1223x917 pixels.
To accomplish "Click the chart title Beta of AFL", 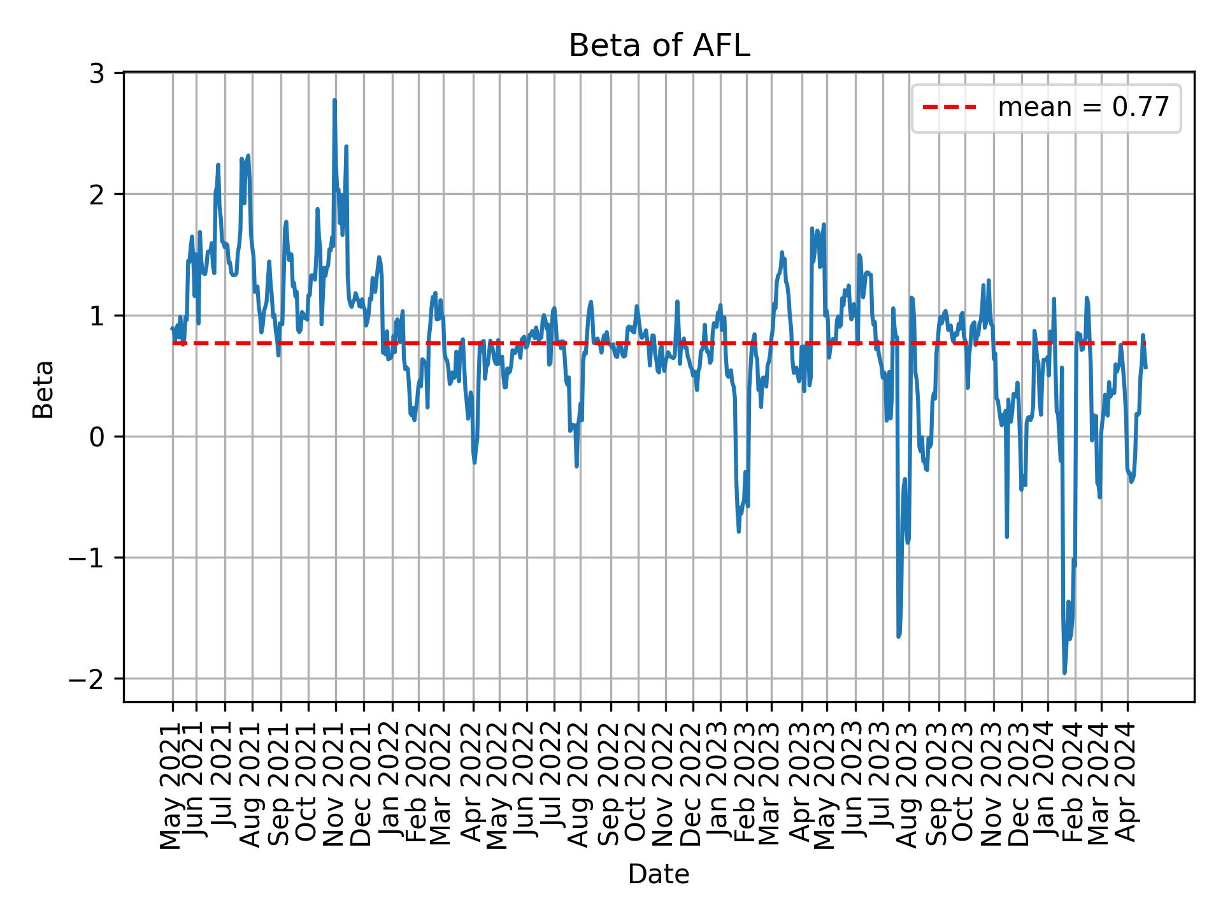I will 659,46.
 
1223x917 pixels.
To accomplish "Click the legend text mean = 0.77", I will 1083,108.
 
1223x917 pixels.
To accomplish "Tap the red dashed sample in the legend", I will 949,108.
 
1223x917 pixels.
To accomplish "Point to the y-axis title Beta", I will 43,389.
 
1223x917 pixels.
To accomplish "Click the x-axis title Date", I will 659,874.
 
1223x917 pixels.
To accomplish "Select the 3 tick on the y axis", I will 96,74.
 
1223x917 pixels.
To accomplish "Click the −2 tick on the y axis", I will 87,679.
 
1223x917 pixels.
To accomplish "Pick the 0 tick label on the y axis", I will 96,437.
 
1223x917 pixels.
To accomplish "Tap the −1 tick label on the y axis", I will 87,558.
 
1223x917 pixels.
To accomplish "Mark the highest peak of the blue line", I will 334,100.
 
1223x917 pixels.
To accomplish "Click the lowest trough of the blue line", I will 1064,672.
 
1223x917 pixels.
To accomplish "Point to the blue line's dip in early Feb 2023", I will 738,530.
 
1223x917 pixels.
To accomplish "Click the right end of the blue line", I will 1146,367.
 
